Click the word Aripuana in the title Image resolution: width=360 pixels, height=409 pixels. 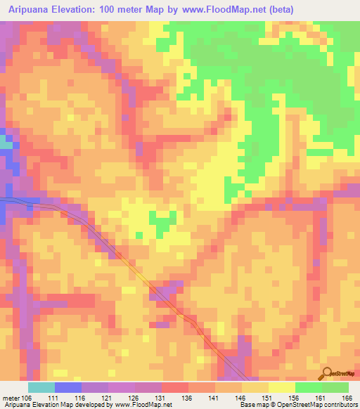[32, 9]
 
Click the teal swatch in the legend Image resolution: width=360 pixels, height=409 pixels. [41, 387]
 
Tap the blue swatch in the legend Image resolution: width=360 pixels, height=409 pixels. [68, 387]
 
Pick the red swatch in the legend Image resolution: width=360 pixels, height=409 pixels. [175, 387]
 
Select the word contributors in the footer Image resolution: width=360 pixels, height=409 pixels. [338, 405]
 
